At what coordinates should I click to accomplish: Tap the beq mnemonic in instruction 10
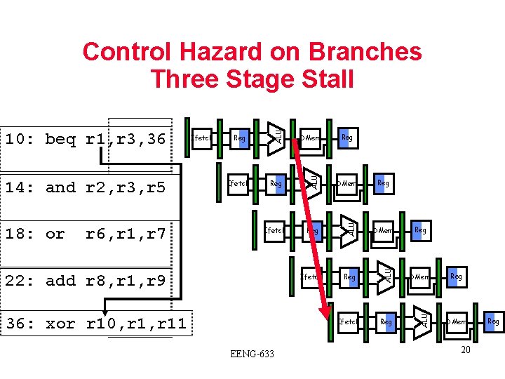60,139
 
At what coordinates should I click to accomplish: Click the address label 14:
22,187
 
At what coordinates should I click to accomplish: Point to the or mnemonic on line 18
55,234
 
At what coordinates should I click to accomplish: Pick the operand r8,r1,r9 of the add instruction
125,281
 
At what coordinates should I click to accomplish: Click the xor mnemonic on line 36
60,324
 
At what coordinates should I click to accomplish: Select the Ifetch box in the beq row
201,138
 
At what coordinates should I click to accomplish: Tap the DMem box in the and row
347,184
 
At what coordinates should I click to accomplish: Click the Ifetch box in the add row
310,277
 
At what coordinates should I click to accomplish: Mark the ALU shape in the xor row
423,318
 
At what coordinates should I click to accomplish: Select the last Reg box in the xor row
493,321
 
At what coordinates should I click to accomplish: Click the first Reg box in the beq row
240,138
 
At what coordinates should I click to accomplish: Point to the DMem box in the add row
420,277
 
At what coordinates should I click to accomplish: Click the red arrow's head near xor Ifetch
325,314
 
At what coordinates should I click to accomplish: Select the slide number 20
465,349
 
